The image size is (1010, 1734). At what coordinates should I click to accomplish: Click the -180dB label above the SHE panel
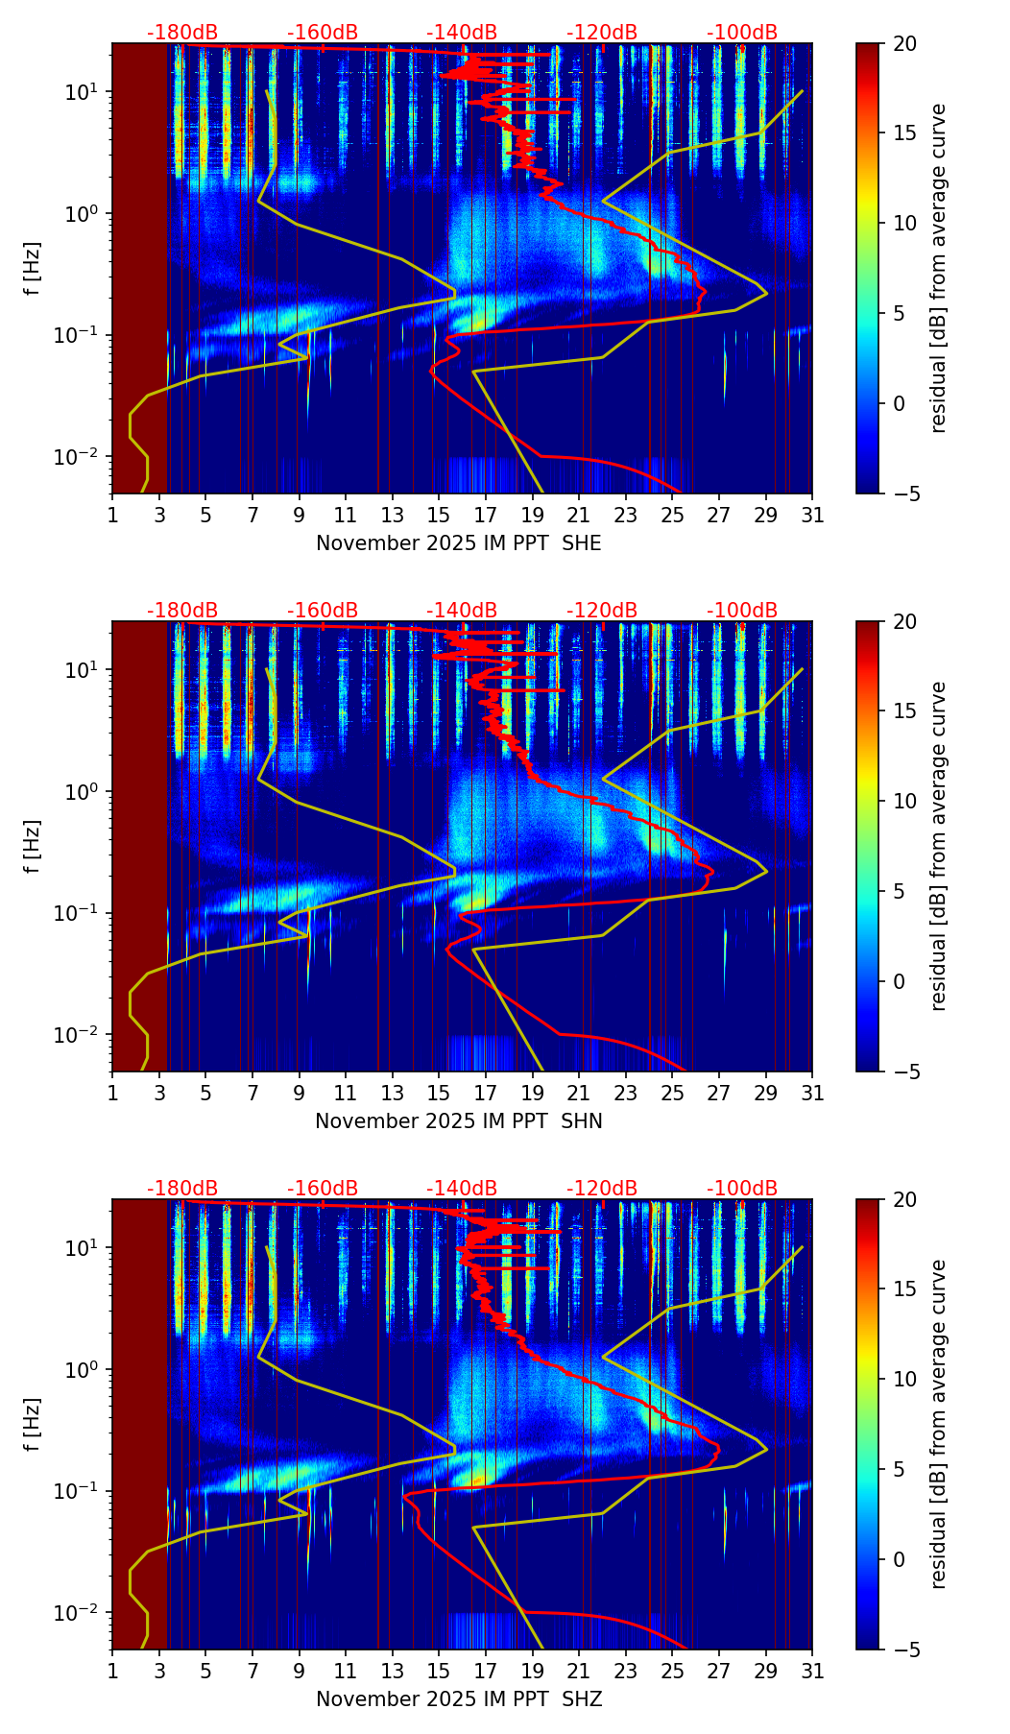[182, 33]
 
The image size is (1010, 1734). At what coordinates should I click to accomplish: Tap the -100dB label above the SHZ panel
[742, 1189]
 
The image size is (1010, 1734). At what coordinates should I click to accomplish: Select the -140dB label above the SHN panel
[462, 611]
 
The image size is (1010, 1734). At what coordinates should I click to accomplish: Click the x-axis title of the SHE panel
[459, 543]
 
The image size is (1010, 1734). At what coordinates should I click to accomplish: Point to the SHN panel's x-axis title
[459, 1121]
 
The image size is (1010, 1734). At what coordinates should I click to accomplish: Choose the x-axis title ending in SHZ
[459, 1699]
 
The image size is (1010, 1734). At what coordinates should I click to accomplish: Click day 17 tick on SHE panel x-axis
[486, 515]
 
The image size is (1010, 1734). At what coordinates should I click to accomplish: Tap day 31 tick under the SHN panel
[812, 1093]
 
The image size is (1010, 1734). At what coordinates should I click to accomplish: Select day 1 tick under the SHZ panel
[113, 1671]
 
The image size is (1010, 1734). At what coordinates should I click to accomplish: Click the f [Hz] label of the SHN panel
[34, 847]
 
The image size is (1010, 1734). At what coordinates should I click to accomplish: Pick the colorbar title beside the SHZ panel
[938, 1425]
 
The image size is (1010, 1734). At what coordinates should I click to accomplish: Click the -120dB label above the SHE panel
[602, 33]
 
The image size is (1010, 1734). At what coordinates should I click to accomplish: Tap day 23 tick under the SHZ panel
[626, 1671]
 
